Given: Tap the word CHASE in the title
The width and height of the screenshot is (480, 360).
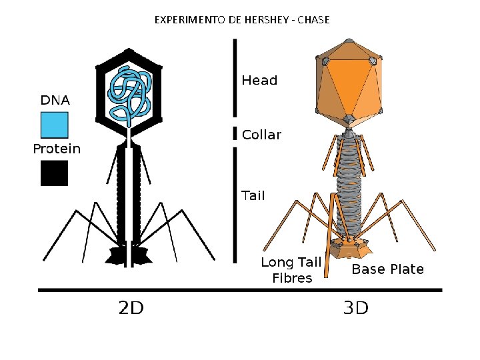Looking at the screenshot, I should (313, 20).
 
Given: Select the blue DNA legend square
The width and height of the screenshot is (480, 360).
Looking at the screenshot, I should (55, 125).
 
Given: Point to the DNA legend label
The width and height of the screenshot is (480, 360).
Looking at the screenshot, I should (55, 101).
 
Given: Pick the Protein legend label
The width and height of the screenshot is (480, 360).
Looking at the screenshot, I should (57, 149).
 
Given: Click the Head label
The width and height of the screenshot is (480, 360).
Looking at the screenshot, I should (259, 81).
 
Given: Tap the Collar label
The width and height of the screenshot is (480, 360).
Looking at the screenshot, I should (261, 135).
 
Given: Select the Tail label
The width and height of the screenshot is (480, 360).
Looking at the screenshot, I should (253, 195).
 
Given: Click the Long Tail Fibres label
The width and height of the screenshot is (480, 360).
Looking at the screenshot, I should (291, 270).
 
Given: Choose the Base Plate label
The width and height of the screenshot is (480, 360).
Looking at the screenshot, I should (387, 269).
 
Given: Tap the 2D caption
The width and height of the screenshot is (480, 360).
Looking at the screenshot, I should (131, 308).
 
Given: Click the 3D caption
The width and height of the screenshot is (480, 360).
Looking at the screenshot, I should (355, 308).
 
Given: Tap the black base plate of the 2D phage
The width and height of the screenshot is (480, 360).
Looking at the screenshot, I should (128, 255).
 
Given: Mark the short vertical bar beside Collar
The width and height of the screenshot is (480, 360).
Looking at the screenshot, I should (234, 133).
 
